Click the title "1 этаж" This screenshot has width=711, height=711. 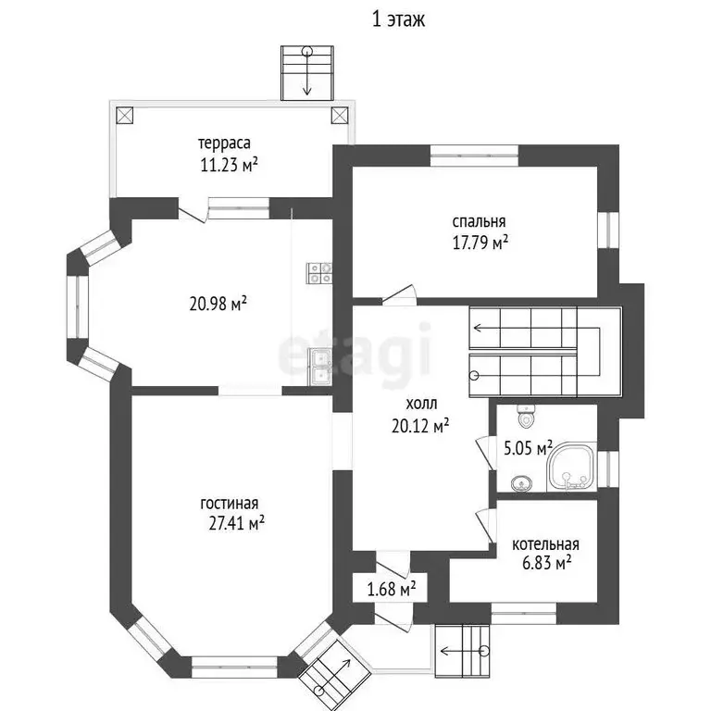[x=399, y=20]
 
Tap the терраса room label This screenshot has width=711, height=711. [x=224, y=143]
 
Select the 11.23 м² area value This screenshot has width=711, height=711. [x=229, y=164]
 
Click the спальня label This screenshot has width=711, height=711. [x=479, y=221]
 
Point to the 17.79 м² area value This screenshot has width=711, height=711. [x=480, y=243]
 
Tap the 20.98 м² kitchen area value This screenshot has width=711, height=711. [x=218, y=304]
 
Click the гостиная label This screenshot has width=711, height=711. [x=230, y=504]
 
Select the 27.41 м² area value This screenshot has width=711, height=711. [x=237, y=524]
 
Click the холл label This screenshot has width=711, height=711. [x=421, y=403]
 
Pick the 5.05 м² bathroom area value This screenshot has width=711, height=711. [x=529, y=448]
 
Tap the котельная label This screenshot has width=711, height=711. [x=545, y=544]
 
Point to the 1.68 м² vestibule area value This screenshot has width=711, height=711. [x=392, y=590]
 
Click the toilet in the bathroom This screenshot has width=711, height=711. [x=526, y=416]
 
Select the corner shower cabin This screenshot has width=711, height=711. [x=571, y=467]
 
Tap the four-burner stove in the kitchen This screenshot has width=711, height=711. [x=319, y=273]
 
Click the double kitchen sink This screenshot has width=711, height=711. [x=320, y=367]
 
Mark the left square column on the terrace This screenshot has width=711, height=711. [x=125, y=115]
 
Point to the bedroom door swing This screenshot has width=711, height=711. [x=399, y=293]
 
